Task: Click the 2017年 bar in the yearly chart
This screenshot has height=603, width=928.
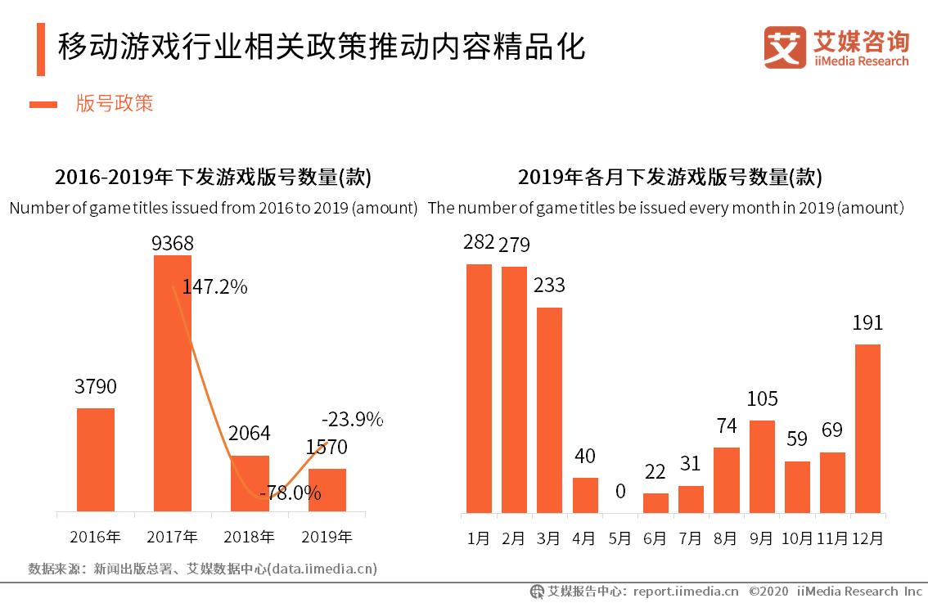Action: [x=173, y=384]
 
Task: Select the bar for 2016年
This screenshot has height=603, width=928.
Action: [x=96, y=460]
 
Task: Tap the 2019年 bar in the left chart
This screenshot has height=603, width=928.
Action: [x=327, y=491]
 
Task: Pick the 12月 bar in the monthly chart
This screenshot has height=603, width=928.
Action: [x=867, y=429]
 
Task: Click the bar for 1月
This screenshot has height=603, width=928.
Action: [x=479, y=389]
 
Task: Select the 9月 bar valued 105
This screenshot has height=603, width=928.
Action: [x=762, y=467]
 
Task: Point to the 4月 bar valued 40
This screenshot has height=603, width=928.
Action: [x=585, y=496]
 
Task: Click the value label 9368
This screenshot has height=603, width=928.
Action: [x=172, y=243]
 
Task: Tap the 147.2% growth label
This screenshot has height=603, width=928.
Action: [x=214, y=287]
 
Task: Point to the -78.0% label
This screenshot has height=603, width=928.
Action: [x=290, y=493]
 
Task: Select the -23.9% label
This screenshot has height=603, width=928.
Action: [x=352, y=420]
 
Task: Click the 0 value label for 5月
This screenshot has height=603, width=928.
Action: [x=620, y=492]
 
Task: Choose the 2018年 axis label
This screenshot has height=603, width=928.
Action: [x=250, y=538]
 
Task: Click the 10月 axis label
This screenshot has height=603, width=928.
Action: [x=797, y=538]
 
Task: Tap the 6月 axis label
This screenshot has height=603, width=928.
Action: [x=655, y=538]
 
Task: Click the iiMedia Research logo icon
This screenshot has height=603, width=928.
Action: [x=785, y=47]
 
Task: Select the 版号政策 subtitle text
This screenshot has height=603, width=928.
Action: [x=115, y=103]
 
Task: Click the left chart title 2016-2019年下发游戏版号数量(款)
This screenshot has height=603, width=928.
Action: [x=213, y=177]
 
